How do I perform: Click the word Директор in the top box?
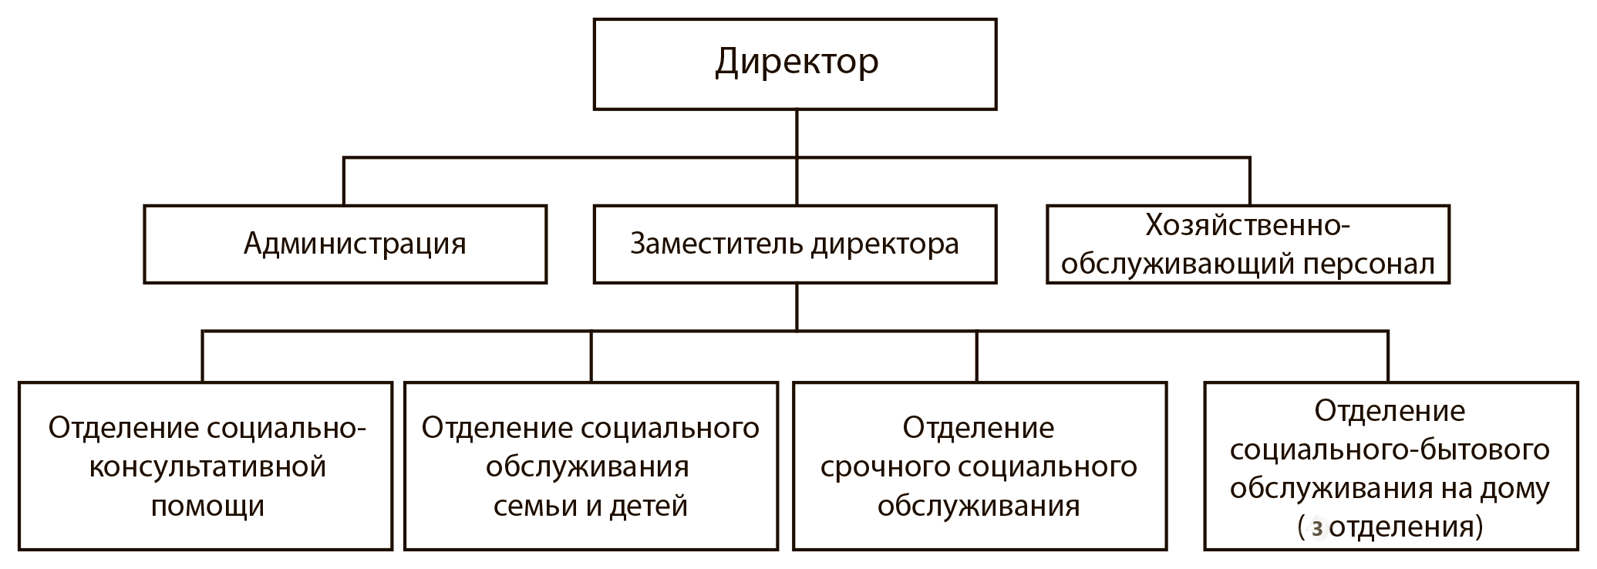(x=797, y=62)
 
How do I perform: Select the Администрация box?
(x=345, y=244)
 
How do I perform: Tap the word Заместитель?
(x=716, y=244)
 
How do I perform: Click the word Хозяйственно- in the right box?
(x=1248, y=225)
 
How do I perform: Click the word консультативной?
(x=207, y=467)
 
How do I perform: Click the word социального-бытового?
(x=1390, y=449)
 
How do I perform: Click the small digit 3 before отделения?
(x=1316, y=529)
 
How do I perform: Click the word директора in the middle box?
(x=885, y=244)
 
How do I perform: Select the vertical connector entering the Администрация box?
(x=344, y=181)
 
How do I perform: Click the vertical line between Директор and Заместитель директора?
(x=797, y=157)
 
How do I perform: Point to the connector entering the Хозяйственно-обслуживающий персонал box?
(x=1249, y=181)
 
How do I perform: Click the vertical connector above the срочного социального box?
(x=977, y=357)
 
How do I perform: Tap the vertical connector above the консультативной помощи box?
(x=203, y=357)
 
